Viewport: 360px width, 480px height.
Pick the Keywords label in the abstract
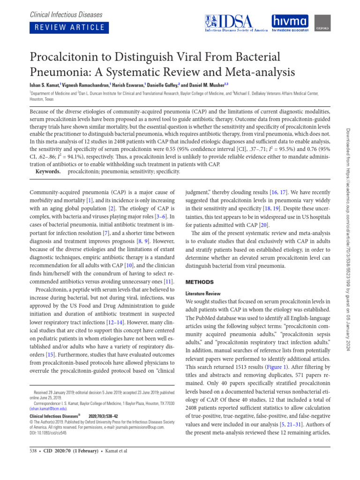pos(48,172)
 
